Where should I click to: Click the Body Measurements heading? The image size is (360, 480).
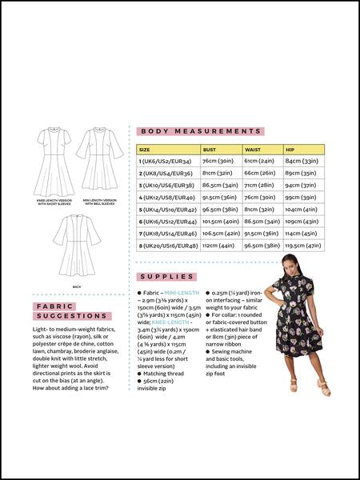pyautogui.click(x=200, y=131)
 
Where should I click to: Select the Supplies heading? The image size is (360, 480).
pyautogui.click(x=167, y=277)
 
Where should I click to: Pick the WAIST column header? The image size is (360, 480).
pyautogui.click(x=252, y=150)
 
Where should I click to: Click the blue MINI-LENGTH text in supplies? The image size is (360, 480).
pyautogui.click(x=183, y=294)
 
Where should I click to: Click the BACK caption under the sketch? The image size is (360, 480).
pyautogui.click(x=77, y=286)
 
